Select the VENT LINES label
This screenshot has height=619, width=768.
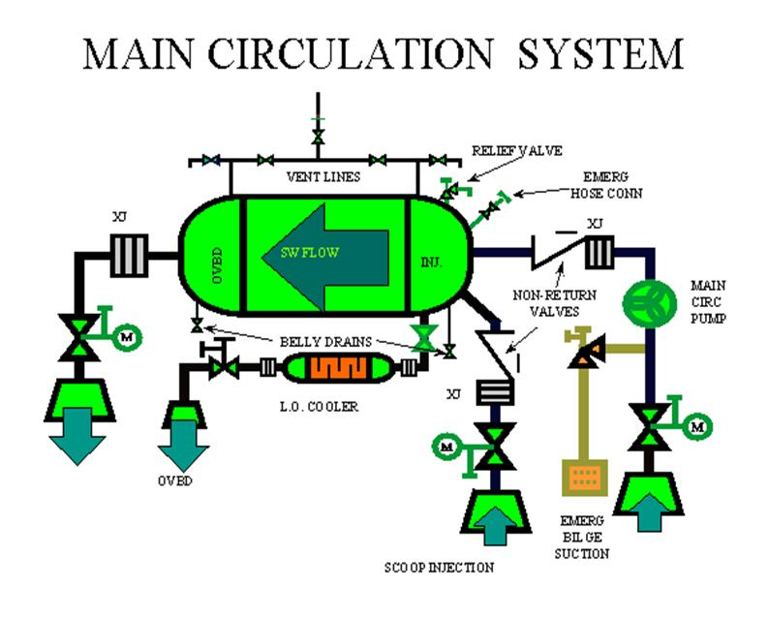pyautogui.click(x=323, y=177)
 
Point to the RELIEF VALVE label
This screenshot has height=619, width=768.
pyautogui.click(x=516, y=151)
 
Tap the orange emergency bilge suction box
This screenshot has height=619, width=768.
pyautogui.click(x=583, y=477)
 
